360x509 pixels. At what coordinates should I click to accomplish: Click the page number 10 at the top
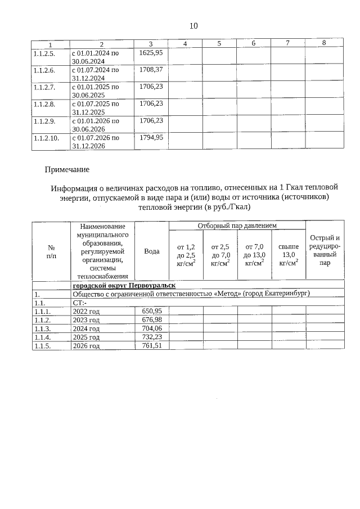click(193, 26)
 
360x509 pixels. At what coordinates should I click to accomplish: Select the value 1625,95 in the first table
click(151, 52)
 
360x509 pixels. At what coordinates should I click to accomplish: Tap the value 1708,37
click(151, 69)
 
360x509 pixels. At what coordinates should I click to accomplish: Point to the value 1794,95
click(151, 137)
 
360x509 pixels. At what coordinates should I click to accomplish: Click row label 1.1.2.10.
click(46, 137)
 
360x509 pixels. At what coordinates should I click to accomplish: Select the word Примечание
click(67, 169)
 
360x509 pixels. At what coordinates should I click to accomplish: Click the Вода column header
click(151, 251)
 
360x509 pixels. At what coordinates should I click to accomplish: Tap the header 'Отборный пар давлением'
click(237, 226)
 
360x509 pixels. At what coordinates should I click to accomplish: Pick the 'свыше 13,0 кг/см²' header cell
click(288, 254)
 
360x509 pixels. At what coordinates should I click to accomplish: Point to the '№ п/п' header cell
click(51, 251)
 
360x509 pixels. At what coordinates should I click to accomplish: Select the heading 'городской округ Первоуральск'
click(124, 285)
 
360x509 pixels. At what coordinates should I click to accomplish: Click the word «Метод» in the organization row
click(228, 294)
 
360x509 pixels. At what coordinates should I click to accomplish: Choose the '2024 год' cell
click(86, 328)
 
